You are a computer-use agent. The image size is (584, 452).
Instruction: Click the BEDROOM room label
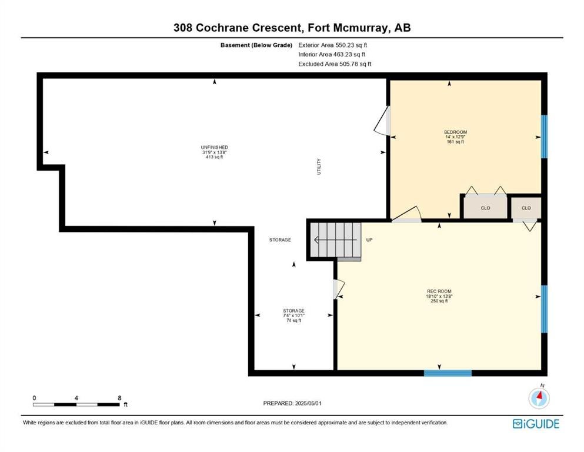click(455, 132)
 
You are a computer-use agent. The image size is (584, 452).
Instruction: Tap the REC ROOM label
click(439, 291)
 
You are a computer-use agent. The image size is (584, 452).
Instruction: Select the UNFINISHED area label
click(214, 148)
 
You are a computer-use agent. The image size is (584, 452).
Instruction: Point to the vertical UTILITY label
click(319, 167)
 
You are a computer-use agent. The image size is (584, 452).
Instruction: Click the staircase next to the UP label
click(336, 240)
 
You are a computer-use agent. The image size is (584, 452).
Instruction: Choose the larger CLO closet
click(485, 208)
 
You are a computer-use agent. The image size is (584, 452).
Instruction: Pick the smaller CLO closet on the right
click(526, 208)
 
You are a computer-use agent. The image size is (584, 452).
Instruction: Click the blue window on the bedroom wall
click(544, 137)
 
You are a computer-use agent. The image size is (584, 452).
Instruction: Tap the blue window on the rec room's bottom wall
click(448, 373)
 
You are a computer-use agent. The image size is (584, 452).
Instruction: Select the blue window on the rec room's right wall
click(544, 309)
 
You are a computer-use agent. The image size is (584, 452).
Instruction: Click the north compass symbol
click(539, 397)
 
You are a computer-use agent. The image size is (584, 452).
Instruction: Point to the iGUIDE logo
click(536, 424)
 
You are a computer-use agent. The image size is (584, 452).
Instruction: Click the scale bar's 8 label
click(119, 398)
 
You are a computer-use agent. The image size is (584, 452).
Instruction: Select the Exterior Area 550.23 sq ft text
click(333, 45)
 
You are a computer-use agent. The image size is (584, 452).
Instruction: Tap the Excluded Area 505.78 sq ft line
click(335, 64)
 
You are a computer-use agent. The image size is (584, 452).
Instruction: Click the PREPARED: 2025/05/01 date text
click(292, 403)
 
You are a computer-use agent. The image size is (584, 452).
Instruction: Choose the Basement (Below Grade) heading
click(256, 45)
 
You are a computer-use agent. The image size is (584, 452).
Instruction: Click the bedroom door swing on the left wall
click(382, 121)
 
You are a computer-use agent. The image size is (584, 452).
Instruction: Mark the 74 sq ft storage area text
click(294, 321)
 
